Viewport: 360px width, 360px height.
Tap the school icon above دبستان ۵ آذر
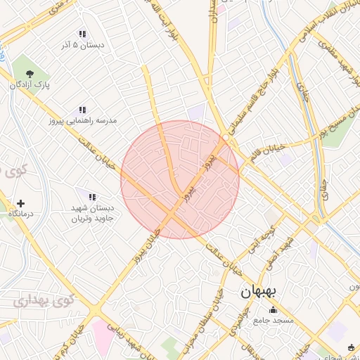point(82,34)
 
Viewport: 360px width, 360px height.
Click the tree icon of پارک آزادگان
point(29,73)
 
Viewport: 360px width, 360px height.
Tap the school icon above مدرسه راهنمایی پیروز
point(82,110)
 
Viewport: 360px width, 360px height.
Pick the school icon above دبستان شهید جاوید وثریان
point(91,196)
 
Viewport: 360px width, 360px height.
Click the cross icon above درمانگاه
point(20,203)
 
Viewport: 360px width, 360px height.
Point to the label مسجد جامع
point(274,321)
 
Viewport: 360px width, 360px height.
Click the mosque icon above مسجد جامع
point(273,309)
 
